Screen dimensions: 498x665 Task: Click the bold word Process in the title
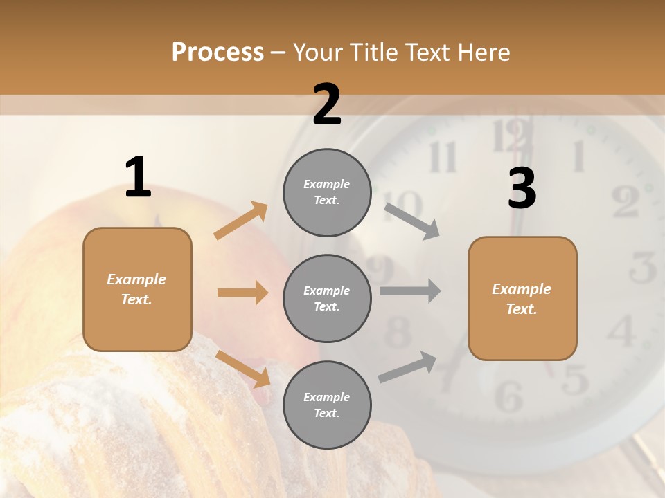pyautogui.click(x=218, y=53)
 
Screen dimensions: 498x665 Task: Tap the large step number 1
pyautogui.click(x=138, y=177)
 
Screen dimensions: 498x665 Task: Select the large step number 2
pyautogui.click(x=327, y=104)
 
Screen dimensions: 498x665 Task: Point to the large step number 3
pyautogui.click(x=522, y=189)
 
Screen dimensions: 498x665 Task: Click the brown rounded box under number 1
pyautogui.click(x=137, y=289)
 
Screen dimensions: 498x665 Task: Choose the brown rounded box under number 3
pyautogui.click(x=522, y=299)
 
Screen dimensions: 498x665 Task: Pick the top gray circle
pyautogui.click(x=327, y=192)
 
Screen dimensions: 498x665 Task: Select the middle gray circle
pyautogui.click(x=327, y=298)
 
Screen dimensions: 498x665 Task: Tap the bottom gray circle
pyautogui.click(x=327, y=405)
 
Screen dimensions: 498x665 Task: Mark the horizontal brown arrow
pyautogui.click(x=242, y=293)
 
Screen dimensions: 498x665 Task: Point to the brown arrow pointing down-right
pyautogui.click(x=243, y=368)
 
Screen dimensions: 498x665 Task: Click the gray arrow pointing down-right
pyautogui.click(x=412, y=221)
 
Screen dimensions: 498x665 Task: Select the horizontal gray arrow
pyautogui.click(x=410, y=291)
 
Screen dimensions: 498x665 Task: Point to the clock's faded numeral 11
pyautogui.click(x=443, y=158)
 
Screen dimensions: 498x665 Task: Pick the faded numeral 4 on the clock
pyautogui.click(x=623, y=331)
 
